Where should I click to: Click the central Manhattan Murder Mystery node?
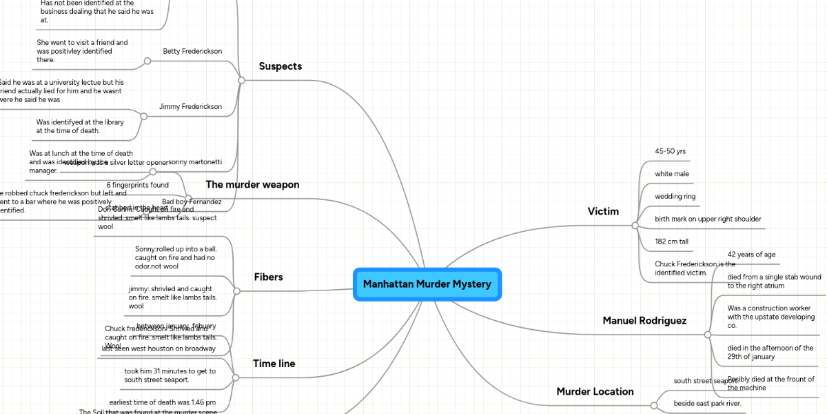(427, 284)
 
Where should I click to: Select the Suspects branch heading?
(280, 66)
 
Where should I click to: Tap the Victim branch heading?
(603, 211)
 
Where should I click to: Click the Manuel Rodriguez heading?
(644, 320)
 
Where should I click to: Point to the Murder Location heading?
(595, 391)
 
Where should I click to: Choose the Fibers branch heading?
(268, 277)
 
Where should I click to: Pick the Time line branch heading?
(274, 364)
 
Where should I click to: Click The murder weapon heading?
(252, 184)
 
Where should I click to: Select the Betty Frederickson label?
(192, 51)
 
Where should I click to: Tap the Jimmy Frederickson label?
(190, 106)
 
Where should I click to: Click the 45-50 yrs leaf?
(670, 151)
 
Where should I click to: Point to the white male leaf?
(671, 174)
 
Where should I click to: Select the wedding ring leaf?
(675, 197)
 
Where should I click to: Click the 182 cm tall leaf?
(671, 241)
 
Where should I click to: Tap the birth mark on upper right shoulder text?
(708, 219)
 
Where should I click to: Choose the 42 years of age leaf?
(751, 255)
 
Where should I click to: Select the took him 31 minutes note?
(170, 375)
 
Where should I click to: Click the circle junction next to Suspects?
(241, 80)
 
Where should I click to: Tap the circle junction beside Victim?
(635, 225)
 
